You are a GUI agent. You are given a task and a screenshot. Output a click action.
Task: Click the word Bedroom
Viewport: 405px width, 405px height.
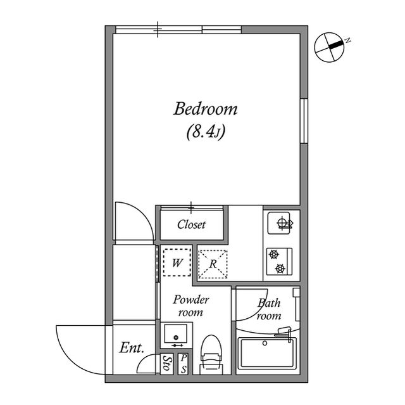[205, 109]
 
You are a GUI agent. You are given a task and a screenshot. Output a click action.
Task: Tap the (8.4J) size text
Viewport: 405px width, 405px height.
[206, 132]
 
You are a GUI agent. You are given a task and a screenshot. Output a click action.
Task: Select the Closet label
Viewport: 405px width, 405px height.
[191, 224]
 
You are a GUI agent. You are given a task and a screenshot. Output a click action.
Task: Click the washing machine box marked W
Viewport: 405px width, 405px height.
[177, 262]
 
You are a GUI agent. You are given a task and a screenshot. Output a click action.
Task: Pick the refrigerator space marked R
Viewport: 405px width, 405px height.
[213, 264]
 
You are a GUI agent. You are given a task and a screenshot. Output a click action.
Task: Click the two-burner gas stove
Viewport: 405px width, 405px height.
[279, 262]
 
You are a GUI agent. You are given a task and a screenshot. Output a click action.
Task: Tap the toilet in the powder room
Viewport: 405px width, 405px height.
[211, 354]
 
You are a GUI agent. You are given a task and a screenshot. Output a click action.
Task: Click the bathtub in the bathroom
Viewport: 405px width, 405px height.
[267, 354]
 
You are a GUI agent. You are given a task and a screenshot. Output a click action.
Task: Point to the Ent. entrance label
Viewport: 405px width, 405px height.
[132, 348]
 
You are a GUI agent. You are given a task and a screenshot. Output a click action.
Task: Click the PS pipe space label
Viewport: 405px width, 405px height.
[184, 364]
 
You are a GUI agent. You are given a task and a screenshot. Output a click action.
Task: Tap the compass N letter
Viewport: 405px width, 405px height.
[348, 41]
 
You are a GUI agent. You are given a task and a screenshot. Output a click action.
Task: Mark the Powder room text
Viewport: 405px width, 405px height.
[191, 306]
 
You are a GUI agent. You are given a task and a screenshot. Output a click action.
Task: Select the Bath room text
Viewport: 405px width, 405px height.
[269, 309]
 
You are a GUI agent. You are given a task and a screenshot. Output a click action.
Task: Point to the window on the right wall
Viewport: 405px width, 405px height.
[304, 121]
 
